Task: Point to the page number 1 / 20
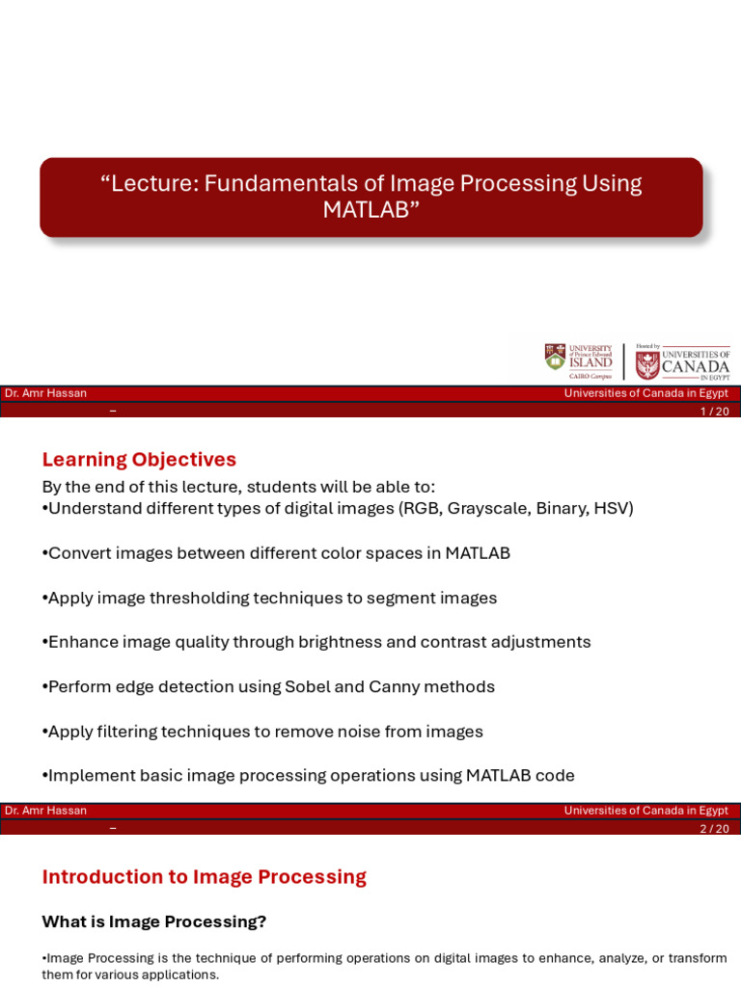click(x=714, y=412)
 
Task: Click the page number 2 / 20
click(x=714, y=829)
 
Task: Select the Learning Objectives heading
click(x=139, y=460)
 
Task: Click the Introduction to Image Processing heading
click(x=204, y=877)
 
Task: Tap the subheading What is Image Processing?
click(x=153, y=921)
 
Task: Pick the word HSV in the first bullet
click(x=611, y=509)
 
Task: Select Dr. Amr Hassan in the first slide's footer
click(x=45, y=393)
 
